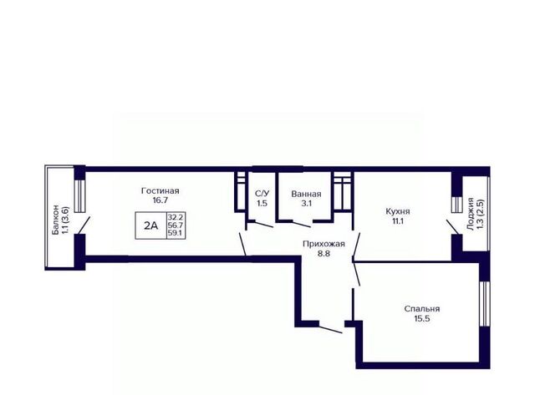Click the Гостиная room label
tap(160, 191)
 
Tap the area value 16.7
tap(160, 200)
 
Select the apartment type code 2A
tap(150, 225)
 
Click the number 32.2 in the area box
tap(176, 217)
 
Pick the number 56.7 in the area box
tap(176, 225)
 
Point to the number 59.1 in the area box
tap(176, 233)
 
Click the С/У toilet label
tap(262, 194)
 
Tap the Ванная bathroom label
tap(306, 194)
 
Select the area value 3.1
tap(306, 204)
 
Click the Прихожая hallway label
tap(324, 244)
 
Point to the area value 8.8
tap(324, 254)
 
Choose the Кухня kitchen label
tap(398, 211)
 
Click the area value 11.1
tap(398, 220)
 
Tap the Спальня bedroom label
tap(422, 309)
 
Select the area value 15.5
tap(422, 319)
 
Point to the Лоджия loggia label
tap(471, 214)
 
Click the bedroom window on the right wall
tap(485, 304)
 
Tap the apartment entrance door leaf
tap(331, 330)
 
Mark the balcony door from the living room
tap(84, 225)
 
